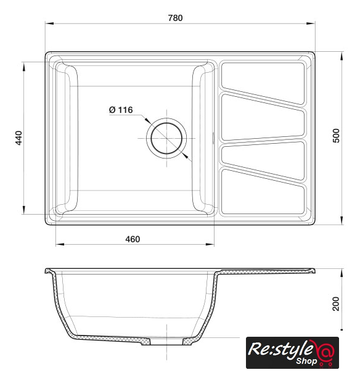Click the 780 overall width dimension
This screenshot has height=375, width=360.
point(175,18)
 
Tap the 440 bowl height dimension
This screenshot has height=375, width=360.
point(18,138)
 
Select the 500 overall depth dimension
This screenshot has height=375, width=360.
point(336,136)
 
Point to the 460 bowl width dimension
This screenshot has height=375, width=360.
point(133,239)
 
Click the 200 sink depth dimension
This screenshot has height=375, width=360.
point(336,303)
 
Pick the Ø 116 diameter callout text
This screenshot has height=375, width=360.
point(121,110)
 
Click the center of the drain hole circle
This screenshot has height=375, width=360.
point(166,138)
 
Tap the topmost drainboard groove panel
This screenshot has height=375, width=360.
point(263,82)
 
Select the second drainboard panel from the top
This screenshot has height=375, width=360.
point(263,118)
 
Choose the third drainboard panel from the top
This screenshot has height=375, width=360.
point(263,159)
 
